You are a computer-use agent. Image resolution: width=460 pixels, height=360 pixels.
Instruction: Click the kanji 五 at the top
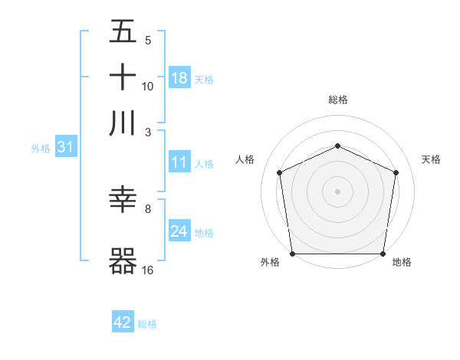(123, 31)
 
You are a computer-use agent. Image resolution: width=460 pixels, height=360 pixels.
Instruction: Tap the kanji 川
(123, 122)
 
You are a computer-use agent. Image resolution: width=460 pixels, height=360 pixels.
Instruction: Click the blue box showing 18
(179, 78)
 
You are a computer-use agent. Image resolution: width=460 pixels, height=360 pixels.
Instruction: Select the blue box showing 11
(179, 163)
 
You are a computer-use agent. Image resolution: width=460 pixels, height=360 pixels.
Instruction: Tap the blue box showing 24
(179, 231)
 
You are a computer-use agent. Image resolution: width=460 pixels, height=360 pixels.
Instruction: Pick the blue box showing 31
(65, 148)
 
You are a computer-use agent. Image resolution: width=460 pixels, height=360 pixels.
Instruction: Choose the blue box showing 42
(123, 322)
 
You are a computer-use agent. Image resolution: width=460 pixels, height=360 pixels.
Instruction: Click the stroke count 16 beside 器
(148, 270)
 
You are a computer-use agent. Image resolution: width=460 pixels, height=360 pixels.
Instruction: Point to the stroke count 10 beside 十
(148, 86)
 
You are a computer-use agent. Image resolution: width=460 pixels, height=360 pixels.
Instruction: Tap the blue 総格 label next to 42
(147, 324)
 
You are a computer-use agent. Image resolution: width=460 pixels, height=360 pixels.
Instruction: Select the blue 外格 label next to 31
(41, 149)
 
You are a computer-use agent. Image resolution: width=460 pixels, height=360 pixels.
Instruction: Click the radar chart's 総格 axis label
(338, 100)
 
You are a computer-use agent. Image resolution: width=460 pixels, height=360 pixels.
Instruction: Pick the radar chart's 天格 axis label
(431, 159)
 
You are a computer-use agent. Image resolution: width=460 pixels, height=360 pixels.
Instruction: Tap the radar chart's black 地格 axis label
(402, 262)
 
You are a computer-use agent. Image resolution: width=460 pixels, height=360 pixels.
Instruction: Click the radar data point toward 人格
(280, 172)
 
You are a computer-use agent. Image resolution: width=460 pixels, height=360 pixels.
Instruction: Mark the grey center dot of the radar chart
(338, 191)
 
